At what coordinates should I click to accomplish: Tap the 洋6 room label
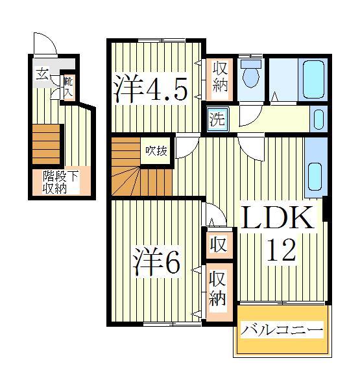pyautogui.click(x=156, y=261)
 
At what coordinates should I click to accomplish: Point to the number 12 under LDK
pyautogui.click(x=280, y=249)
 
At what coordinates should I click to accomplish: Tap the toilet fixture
pyautogui.click(x=250, y=77)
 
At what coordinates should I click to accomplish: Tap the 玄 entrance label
pyautogui.click(x=42, y=73)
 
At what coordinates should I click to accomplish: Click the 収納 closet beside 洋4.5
pyautogui.click(x=217, y=77)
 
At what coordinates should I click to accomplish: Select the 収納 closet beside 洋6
pyautogui.click(x=217, y=290)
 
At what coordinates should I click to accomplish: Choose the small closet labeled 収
pyautogui.click(x=217, y=245)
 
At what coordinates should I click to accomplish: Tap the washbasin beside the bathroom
pyautogui.click(x=318, y=119)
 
